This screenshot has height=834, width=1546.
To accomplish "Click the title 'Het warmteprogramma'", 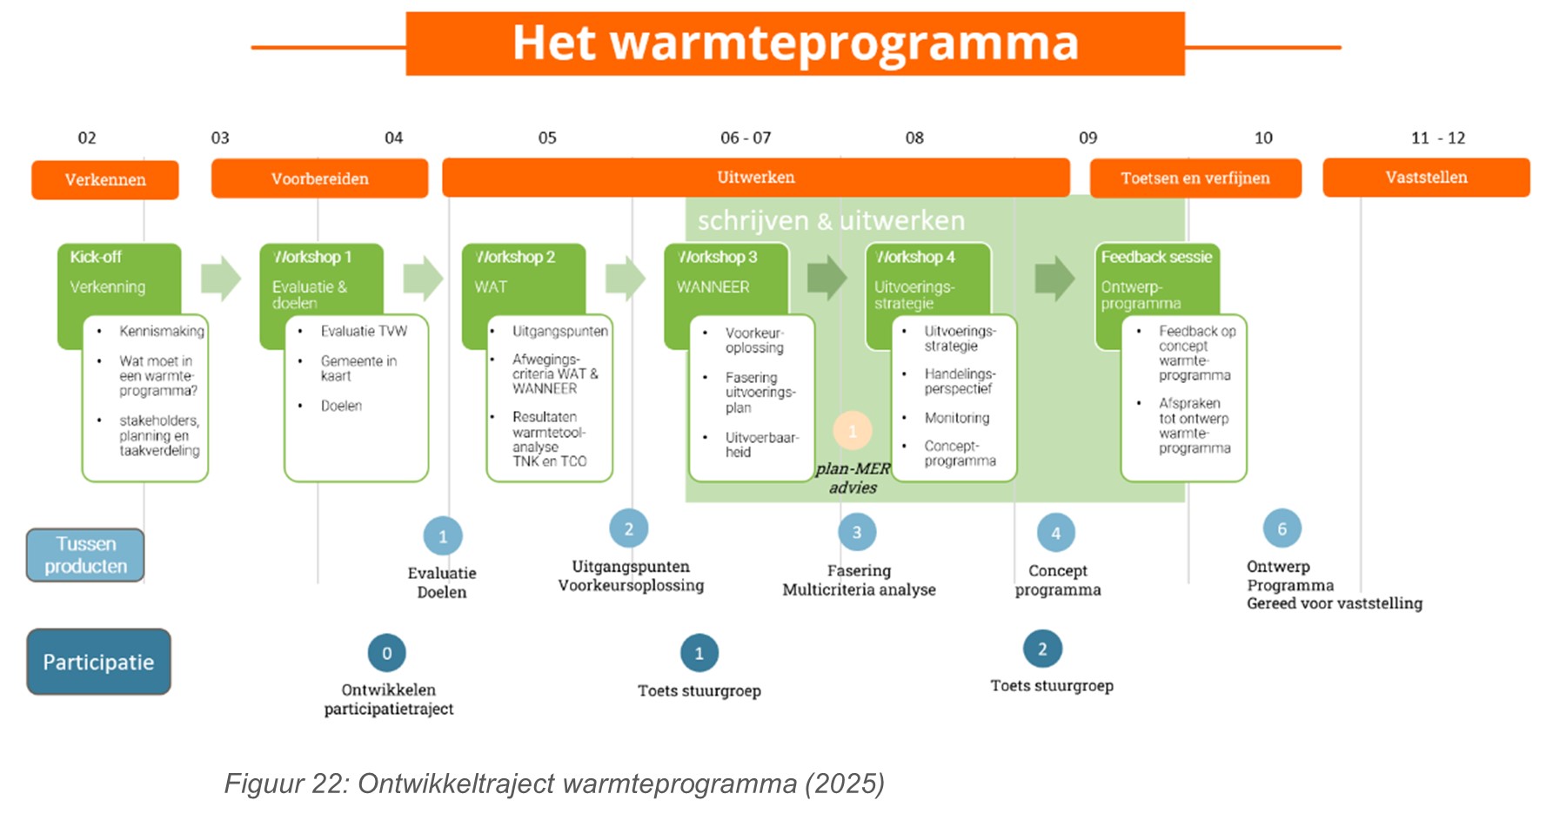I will pyautogui.click(x=794, y=44).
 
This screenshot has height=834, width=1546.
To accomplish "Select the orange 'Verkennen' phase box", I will pyautogui.click(x=105, y=180).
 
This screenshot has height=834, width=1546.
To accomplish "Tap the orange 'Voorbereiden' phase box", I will pyautogui.click(x=319, y=178).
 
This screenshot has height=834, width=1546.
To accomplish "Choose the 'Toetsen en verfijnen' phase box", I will pyautogui.click(x=1195, y=178).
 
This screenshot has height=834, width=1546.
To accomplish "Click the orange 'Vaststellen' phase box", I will pyautogui.click(x=1425, y=178).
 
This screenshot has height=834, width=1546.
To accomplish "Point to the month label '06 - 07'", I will pyautogui.click(x=746, y=138).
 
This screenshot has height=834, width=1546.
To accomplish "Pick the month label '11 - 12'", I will pyautogui.click(x=1437, y=138).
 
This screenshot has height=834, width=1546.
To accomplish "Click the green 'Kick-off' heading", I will pyautogui.click(x=96, y=257).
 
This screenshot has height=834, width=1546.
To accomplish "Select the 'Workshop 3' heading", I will pyautogui.click(x=719, y=257).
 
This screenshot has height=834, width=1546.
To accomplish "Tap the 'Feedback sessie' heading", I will pyautogui.click(x=1156, y=257).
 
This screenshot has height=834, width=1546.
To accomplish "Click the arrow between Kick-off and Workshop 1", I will pyautogui.click(x=221, y=279).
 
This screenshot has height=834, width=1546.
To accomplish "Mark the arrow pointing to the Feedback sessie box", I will pyautogui.click(x=1054, y=279).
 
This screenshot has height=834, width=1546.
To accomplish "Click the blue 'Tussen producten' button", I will pyautogui.click(x=85, y=555).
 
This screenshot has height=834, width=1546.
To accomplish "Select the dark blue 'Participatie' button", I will pyautogui.click(x=98, y=662).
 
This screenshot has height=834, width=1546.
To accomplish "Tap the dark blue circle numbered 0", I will pyautogui.click(x=387, y=653).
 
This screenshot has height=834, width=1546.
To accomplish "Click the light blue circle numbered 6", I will pyautogui.click(x=1282, y=528).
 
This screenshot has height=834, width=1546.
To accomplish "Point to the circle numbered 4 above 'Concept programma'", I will pyautogui.click(x=1055, y=533).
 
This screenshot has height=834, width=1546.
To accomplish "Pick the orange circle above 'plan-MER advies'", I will pyautogui.click(x=853, y=430).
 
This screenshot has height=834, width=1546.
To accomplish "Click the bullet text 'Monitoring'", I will pyautogui.click(x=957, y=418).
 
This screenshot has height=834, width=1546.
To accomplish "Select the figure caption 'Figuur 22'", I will pyautogui.click(x=553, y=784).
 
